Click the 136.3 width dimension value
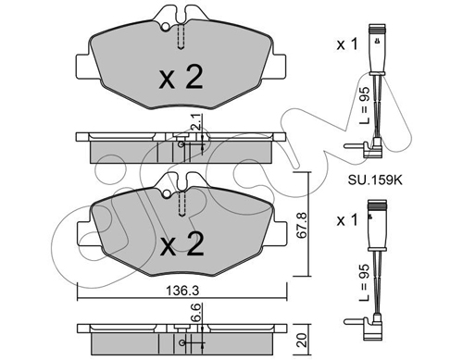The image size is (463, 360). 182,291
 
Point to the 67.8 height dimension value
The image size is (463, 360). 302,225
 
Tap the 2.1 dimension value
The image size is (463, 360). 198,122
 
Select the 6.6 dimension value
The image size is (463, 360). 197,313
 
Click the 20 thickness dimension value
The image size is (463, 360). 303,340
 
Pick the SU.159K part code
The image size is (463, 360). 375,180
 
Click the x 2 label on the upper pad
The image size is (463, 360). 181,78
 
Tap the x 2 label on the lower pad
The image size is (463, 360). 181,244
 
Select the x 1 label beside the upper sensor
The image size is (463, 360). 347,44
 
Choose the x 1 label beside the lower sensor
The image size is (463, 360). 347,220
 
